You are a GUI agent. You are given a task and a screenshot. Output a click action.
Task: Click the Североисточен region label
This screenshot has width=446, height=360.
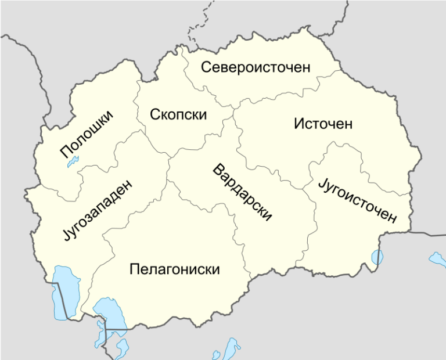(x=256, y=67)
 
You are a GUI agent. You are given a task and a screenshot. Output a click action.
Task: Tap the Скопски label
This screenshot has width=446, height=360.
(x=178, y=114)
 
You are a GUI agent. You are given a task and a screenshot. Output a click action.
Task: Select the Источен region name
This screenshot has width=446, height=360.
(x=323, y=124)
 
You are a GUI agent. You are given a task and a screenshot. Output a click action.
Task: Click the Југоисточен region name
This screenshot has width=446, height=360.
(x=358, y=200)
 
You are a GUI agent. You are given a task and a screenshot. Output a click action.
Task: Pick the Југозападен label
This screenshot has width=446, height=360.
(x=96, y=210)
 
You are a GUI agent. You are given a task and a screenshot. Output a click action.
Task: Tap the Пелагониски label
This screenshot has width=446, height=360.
(x=175, y=269)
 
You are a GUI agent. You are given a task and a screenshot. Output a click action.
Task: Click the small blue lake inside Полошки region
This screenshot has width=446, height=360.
(x=72, y=162)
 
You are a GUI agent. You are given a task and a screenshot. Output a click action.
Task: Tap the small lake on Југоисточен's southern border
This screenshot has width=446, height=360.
(x=377, y=256)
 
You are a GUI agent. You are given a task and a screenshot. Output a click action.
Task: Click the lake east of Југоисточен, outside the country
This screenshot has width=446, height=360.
(x=436, y=258)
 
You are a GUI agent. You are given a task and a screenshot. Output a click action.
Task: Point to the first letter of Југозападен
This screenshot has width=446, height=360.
(x=64, y=238)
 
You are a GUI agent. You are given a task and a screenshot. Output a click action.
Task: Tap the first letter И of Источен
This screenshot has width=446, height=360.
(x=298, y=124)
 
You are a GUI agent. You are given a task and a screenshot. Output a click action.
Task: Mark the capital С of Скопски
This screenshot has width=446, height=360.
(x=155, y=114)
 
